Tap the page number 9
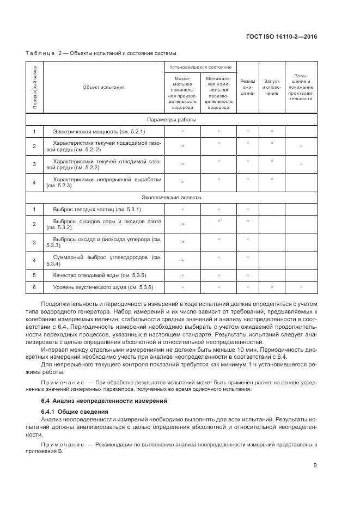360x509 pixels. (x=315, y=464)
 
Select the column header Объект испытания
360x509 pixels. (x=103, y=87)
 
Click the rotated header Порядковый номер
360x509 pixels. (x=34, y=87)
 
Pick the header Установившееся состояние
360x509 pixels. (x=200, y=67)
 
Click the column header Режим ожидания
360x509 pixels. (x=248, y=87)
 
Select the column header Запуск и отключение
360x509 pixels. (x=272, y=87)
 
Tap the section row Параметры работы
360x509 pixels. (x=172, y=119)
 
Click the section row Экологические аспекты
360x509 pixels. (x=172, y=197)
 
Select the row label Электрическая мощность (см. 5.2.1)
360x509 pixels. (x=99, y=132)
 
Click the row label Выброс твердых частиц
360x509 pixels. (x=96, y=210)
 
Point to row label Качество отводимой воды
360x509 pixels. (x=99, y=275)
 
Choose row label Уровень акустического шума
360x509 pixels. (x=103, y=287)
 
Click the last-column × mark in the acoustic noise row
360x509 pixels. (x=301, y=287)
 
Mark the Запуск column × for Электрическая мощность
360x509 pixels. (x=272, y=131)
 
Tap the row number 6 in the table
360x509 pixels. (x=34, y=287)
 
